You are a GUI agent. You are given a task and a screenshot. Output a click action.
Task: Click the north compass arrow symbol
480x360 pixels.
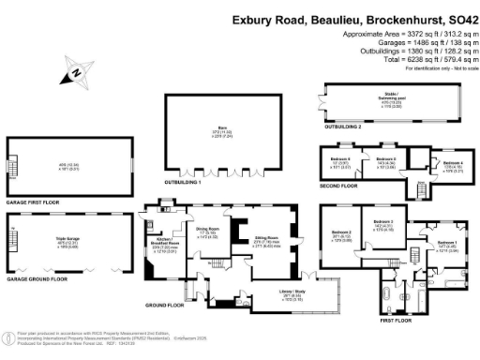pyautogui.click(x=74, y=70)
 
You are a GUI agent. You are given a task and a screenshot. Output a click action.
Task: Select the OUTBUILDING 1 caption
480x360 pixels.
pyautogui.click(x=184, y=182)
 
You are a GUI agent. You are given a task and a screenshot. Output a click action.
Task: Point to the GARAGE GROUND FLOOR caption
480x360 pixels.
pyautogui.click(x=37, y=278)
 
